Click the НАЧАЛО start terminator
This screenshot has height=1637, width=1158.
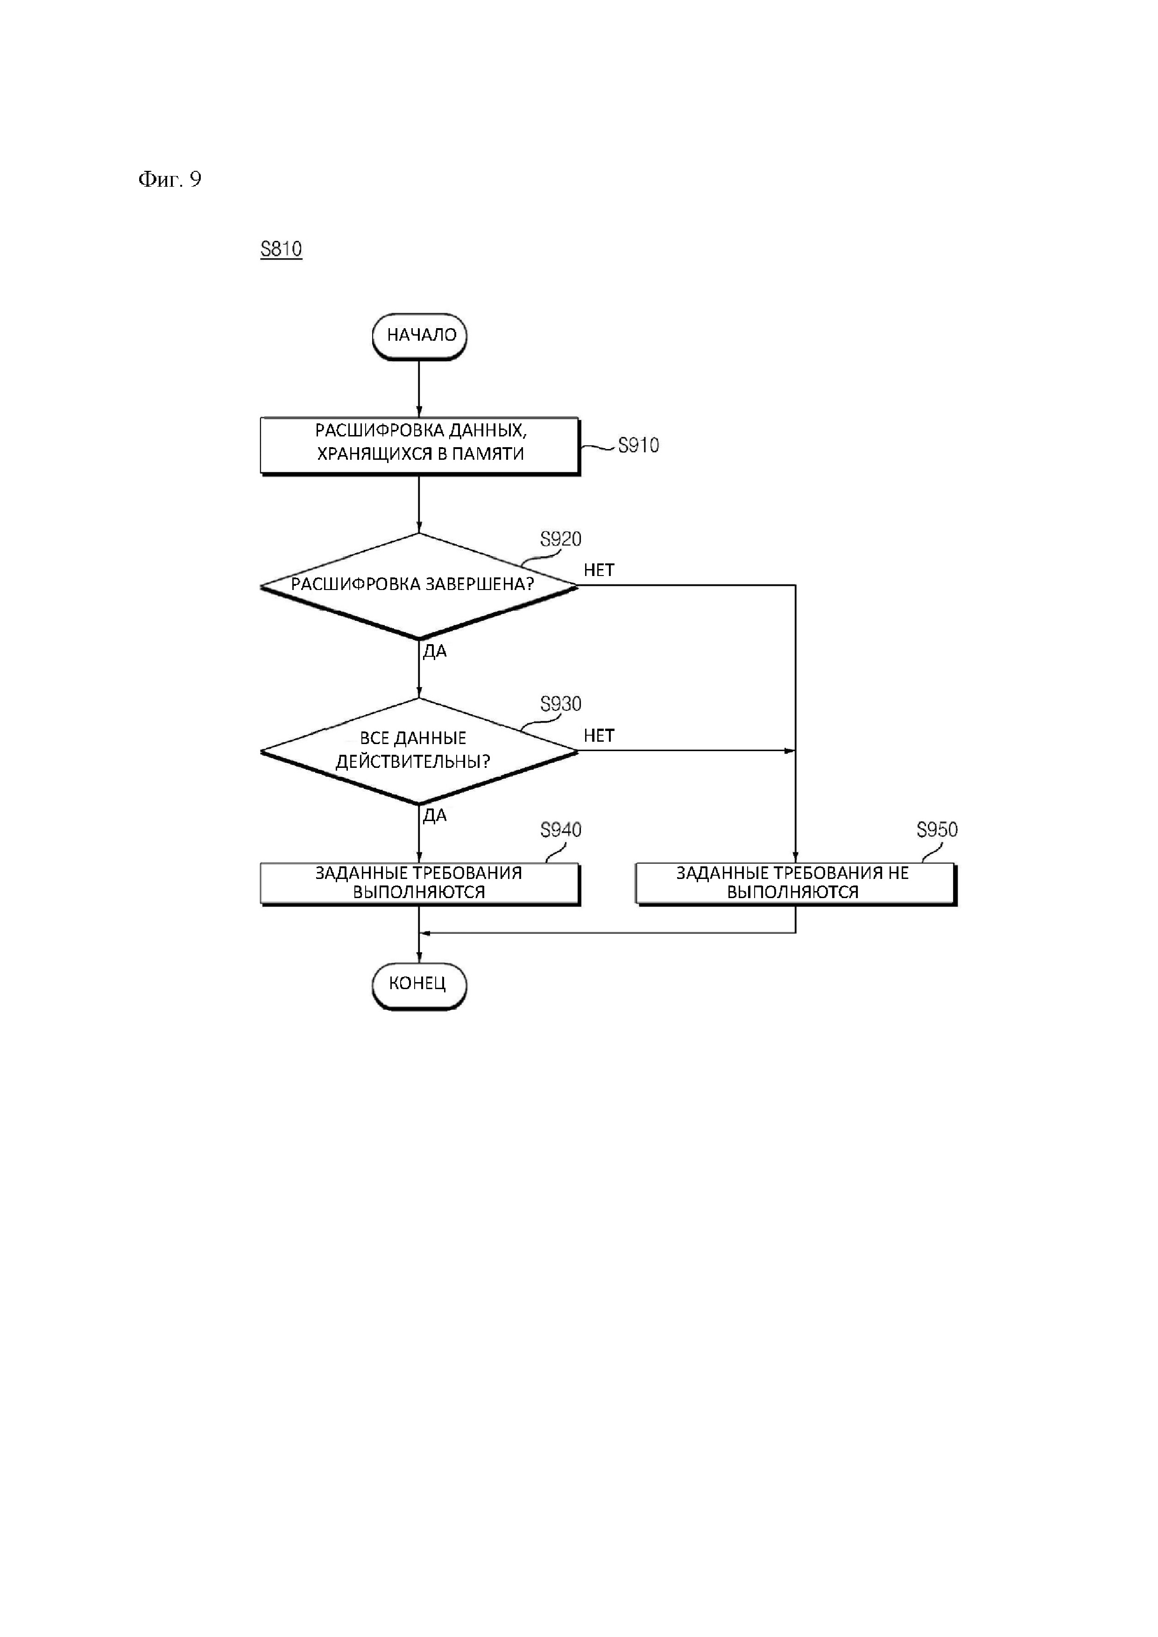419,336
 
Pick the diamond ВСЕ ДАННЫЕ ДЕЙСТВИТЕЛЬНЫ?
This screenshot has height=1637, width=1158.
418,751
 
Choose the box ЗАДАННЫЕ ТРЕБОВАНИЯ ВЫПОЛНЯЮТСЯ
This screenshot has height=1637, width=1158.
419,883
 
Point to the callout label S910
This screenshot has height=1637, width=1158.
638,446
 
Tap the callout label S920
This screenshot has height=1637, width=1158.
560,540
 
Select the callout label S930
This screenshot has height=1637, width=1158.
560,704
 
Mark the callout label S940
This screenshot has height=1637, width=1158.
560,830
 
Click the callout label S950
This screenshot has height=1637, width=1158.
937,830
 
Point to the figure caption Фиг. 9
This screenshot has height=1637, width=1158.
169,179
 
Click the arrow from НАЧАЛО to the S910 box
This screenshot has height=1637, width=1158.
419,388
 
